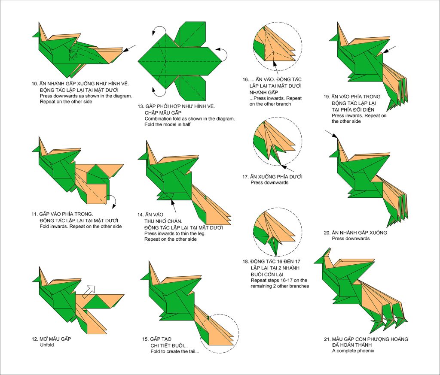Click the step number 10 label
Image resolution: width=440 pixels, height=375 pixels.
(34, 84)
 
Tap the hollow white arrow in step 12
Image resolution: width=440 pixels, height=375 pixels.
(89, 291)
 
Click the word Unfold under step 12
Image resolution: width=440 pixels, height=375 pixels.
(47, 345)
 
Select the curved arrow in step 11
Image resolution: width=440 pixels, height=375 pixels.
(113, 201)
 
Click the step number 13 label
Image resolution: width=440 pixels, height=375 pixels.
(141, 106)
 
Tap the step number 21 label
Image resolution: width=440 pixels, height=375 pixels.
(327, 339)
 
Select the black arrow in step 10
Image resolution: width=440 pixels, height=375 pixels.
(129, 48)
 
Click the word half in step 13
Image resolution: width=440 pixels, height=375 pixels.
(186, 124)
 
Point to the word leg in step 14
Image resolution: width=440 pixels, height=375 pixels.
(201, 233)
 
